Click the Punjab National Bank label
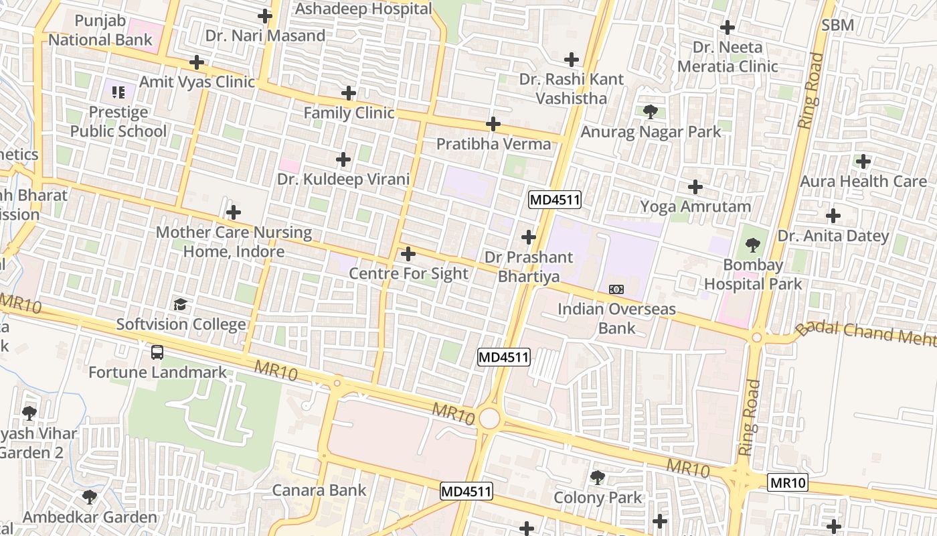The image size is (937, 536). tap(100, 31)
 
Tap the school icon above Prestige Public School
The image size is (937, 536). tap(118, 92)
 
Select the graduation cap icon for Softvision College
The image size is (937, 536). tap(180, 305)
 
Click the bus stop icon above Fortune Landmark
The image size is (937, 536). tap(157, 352)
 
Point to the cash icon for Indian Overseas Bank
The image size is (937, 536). tap(616, 289)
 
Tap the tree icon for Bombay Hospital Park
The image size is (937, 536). tap(753, 245)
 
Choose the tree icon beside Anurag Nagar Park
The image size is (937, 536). tap(649, 112)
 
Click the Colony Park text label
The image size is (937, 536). tap(597, 498)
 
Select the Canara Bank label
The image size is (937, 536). tap(319, 490)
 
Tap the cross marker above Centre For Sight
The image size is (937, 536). tap(408, 255)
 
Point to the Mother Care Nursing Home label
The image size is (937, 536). tap(234, 242)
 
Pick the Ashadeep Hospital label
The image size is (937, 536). tap(363, 9)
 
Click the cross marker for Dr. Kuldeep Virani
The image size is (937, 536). tap(343, 159)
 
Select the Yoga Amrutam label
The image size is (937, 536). tap(695, 206)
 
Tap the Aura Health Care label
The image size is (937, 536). tap(863, 181)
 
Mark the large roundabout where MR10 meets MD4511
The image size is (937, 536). tap(489, 419)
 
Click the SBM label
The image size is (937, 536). tap(837, 25)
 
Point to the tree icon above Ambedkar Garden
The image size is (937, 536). tap(89, 497)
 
